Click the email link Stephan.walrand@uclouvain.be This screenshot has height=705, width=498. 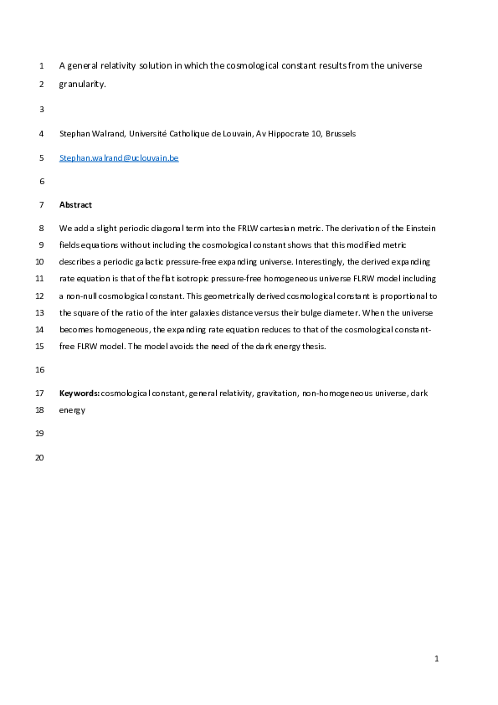119,157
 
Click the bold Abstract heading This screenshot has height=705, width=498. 75,204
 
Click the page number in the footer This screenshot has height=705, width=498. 436,660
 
